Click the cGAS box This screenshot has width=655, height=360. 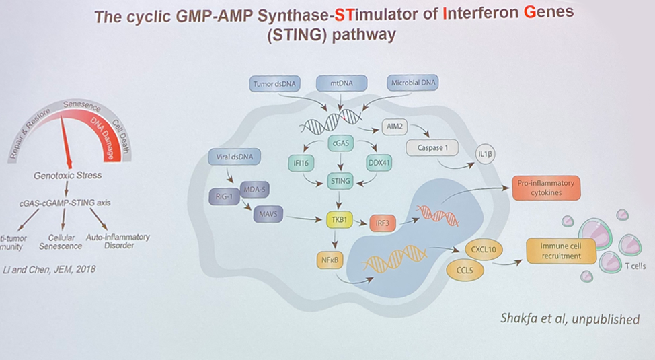click(x=340, y=143)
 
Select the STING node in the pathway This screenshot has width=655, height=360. click(x=340, y=180)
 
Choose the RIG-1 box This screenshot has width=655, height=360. click(x=225, y=196)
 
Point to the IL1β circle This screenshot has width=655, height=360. click(x=488, y=154)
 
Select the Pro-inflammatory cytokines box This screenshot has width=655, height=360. click(x=545, y=188)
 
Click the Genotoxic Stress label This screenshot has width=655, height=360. click(x=68, y=175)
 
